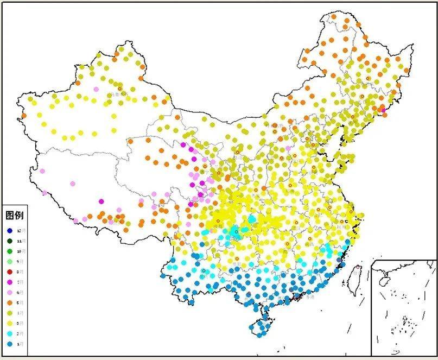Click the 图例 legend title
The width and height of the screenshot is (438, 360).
pos(14,216)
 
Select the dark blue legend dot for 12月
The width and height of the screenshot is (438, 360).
pos(10,231)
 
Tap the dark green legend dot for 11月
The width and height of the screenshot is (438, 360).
pos(10,241)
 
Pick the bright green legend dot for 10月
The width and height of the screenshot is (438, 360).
pos(10,251)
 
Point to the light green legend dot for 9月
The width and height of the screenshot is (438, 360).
pos(10,262)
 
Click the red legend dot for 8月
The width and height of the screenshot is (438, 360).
pos(10,271)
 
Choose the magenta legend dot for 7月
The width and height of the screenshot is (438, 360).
pos(10,282)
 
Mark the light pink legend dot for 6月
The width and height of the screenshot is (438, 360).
pos(10,292)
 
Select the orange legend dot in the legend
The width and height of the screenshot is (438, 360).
pos(10,302)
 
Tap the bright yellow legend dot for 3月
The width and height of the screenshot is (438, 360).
pos(10,323)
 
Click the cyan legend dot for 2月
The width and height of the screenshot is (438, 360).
pos(10,333)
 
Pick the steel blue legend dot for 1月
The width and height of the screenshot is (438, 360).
pos(10,344)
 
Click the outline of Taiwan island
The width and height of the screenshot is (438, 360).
pos(357,280)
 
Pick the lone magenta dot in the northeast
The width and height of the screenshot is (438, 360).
pos(383,110)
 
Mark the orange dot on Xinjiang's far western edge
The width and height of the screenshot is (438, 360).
pos(23,116)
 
